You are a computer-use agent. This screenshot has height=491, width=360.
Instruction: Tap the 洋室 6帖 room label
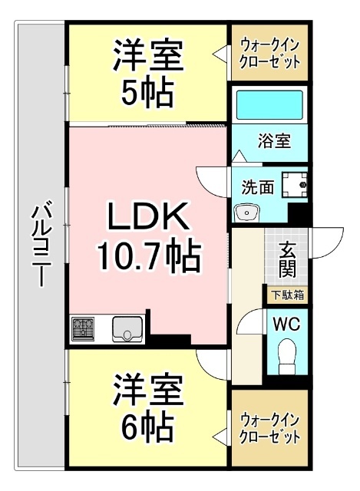(148, 407)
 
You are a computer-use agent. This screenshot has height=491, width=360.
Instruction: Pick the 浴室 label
(273, 142)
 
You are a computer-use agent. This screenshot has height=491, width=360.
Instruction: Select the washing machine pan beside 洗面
(293, 185)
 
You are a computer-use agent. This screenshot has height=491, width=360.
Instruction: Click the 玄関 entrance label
(288, 259)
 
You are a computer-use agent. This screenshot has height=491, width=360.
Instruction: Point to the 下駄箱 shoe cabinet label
(286, 294)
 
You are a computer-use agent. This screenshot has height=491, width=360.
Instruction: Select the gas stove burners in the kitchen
(84, 329)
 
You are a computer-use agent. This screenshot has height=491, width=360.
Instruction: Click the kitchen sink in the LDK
(126, 329)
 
